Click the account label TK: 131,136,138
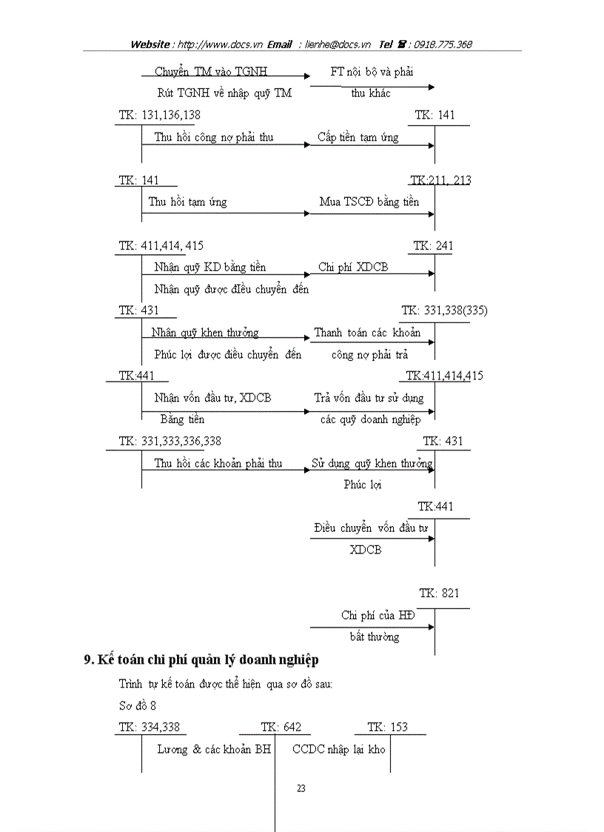pyautogui.click(x=159, y=115)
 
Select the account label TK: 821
pyautogui.click(x=439, y=593)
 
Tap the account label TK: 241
pyautogui.click(x=434, y=246)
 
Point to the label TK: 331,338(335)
pyautogui.click(x=444, y=310)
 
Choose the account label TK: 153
pyautogui.click(x=387, y=727)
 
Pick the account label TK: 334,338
pyautogui.click(x=149, y=727)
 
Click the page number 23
pyautogui.click(x=301, y=788)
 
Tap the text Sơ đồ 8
pyautogui.click(x=138, y=705)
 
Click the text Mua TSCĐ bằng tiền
pyautogui.click(x=369, y=202)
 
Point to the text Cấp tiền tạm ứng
pyautogui.click(x=358, y=137)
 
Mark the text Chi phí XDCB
pyautogui.click(x=353, y=267)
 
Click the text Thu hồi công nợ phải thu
pyautogui.click(x=214, y=137)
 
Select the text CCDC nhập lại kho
pyautogui.click(x=339, y=749)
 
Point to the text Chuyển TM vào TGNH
pyautogui.click(x=210, y=72)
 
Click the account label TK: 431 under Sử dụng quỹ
pyautogui.click(x=443, y=442)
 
